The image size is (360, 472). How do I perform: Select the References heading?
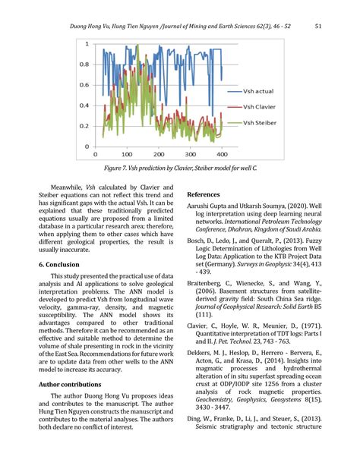(207, 194)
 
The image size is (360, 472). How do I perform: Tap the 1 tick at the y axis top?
(85, 43)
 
